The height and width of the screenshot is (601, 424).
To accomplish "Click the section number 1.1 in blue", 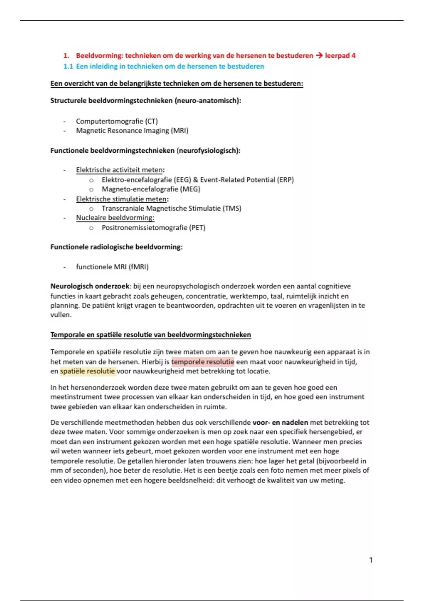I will [x=68, y=66].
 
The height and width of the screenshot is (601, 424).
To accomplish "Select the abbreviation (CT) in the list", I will [x=151, y=121].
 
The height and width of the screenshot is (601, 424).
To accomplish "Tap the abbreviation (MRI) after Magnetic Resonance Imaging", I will [x=179, y=131].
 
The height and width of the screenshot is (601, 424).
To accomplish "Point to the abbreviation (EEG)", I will [x=182, y=180].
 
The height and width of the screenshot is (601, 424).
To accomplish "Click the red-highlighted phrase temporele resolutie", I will [x=202, y=362].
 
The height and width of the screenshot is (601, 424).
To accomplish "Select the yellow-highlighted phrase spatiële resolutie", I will [x=87, y=371].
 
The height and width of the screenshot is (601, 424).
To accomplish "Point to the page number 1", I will [x=371, y=560].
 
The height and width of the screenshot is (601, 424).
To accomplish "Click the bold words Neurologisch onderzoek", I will [x=90, y=286].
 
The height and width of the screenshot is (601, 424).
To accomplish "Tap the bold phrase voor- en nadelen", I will [x=280, y=422].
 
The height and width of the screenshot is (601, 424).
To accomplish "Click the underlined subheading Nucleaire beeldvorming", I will [x=115, y=218].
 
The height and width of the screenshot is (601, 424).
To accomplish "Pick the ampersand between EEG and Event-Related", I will [x=195, y=180].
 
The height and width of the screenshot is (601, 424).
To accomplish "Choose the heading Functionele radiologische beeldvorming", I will [x=116, y=247].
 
